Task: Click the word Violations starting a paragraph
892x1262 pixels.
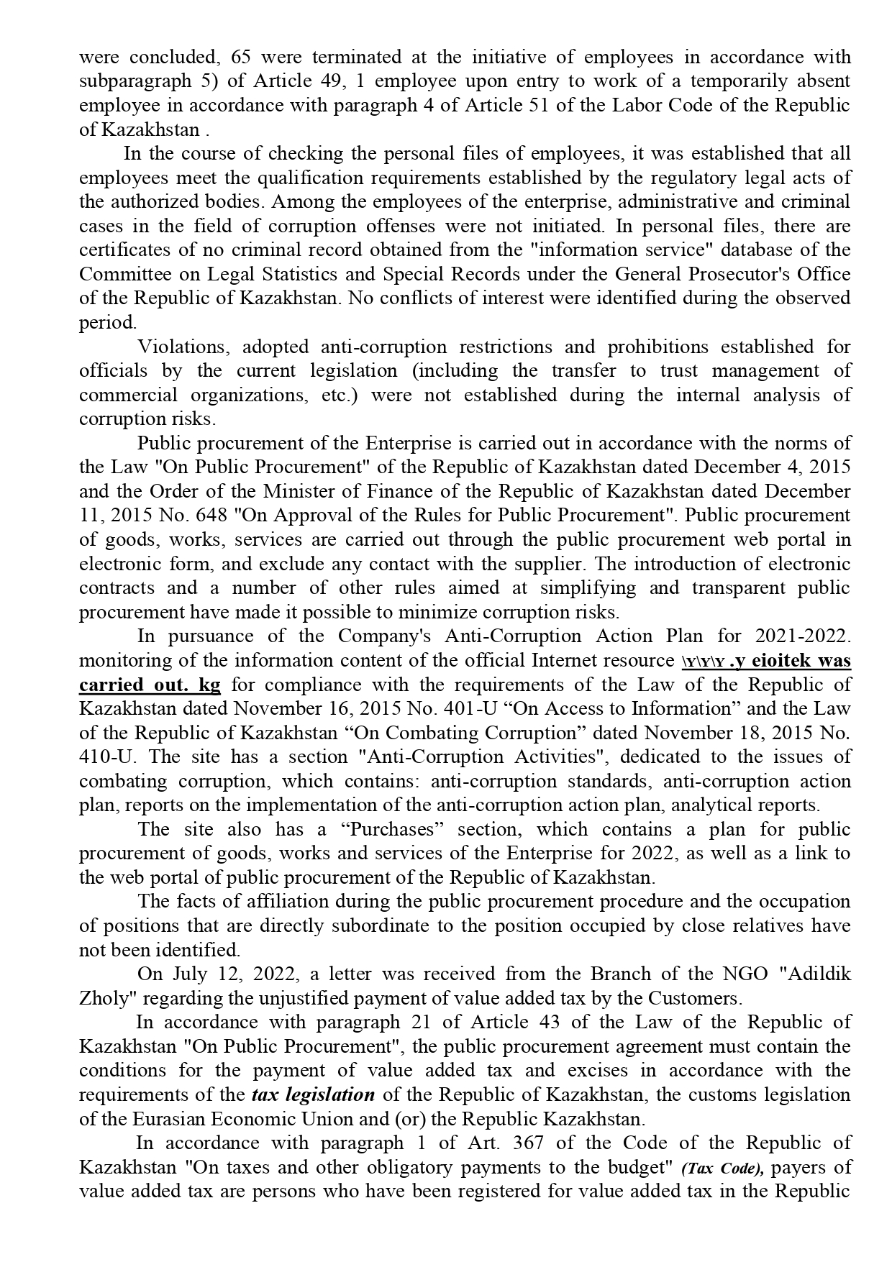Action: coord(183,347)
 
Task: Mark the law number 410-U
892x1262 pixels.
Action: coord(108,757)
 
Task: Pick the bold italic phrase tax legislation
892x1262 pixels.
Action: coord(313,1095)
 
